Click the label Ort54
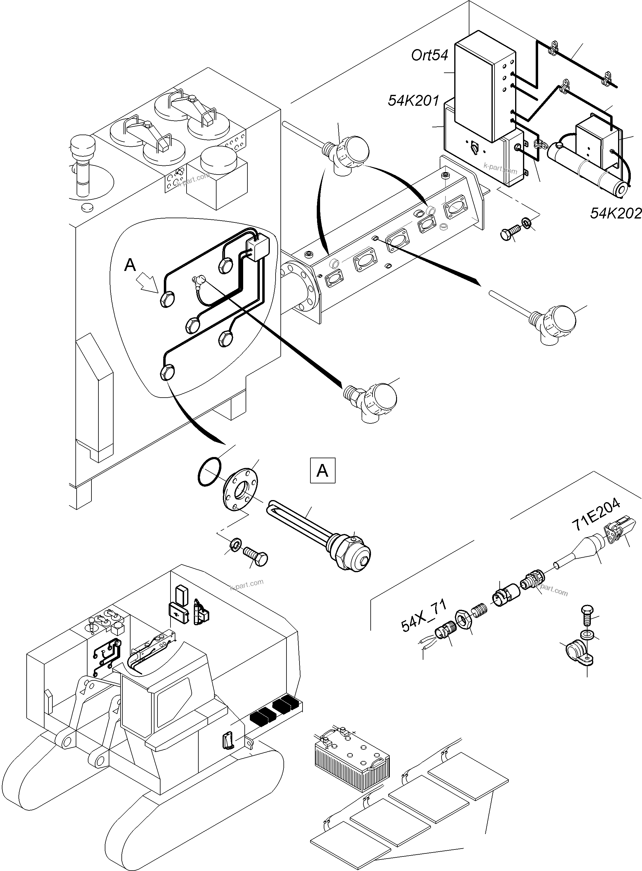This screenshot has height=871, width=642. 429,55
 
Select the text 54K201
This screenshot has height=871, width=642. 413,101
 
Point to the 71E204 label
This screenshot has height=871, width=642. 595,515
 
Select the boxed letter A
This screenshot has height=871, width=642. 323,471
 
